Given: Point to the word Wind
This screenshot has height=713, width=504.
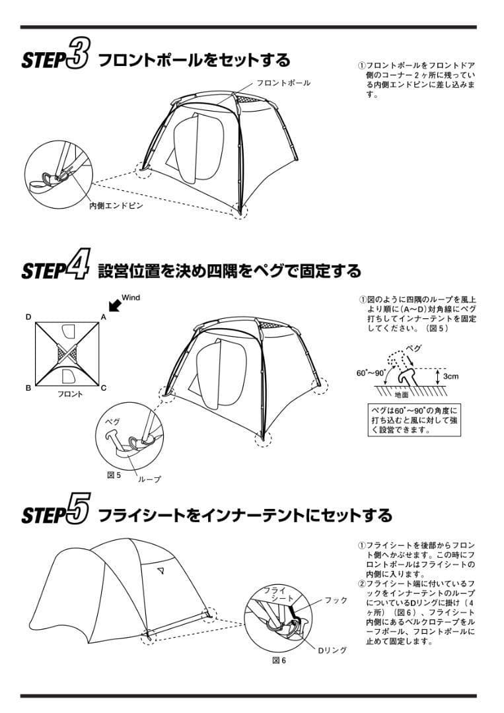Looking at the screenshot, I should [131, 298].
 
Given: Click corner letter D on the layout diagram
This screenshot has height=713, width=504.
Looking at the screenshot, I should [28, 317].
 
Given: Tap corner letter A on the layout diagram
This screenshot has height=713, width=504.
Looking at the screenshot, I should [103, 317].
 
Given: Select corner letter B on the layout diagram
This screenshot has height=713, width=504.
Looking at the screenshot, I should [28, 388].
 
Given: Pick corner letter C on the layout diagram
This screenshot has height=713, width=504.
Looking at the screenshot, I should [103, 388].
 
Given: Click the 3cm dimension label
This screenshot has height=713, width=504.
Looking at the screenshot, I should [452, 376].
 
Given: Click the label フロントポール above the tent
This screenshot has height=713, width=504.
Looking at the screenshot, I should [283, 83].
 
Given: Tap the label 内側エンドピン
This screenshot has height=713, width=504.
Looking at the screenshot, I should [116, 205].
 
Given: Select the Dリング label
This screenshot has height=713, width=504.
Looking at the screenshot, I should [332, 650].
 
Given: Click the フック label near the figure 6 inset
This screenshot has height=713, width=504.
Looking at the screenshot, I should [336, 600].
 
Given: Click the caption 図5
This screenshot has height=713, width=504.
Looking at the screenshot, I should [114, 474].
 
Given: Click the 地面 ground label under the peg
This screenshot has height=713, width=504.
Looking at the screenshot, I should [402, 395].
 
